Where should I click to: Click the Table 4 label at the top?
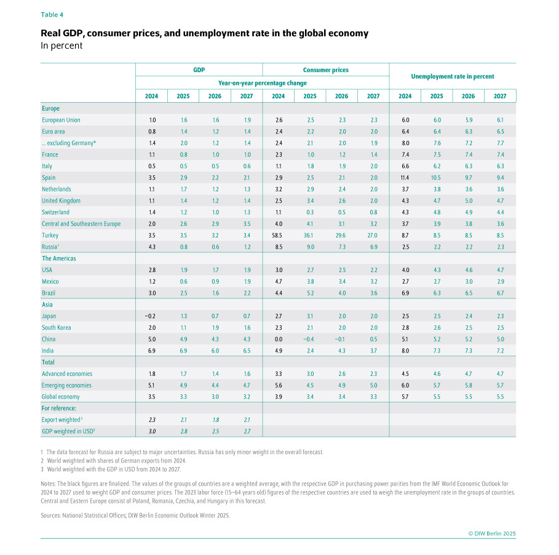tap(52, 14)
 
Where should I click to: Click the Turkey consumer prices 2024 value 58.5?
tap(278, 235)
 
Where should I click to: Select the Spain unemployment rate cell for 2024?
tap(405, 177)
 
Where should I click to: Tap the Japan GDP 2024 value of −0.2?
tap(151, 316)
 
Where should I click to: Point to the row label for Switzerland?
tap(57, 212)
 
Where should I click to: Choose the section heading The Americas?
tap(59, 258)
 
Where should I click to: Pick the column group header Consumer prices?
tap(325, 70)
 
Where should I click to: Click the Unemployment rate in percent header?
tap(452, 76)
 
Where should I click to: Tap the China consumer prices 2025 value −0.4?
tap(309, 339)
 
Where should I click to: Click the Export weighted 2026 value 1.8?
tap(215, 420)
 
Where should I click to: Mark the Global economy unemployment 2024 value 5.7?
tap(405, 397)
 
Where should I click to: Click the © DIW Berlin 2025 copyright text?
tap(492, 533)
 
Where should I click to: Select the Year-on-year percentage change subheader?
tap(262, 82)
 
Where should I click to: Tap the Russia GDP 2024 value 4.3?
tap(151, 247)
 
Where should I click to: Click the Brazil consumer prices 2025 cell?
tap(309, 293)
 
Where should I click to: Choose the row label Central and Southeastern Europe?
tap(81, 224)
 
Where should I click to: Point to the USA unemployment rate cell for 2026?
tap(468, 270)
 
